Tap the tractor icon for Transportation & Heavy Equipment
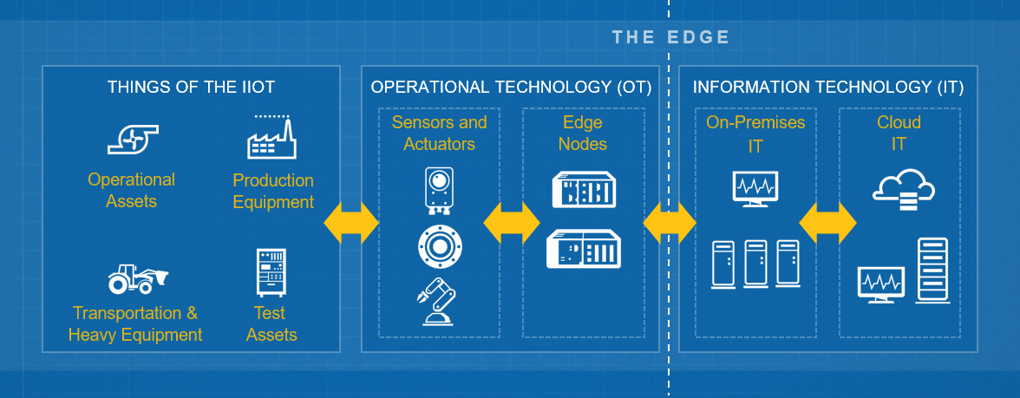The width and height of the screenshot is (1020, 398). (x=137, y=278)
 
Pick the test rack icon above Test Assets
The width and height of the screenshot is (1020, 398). (x=271, y=272)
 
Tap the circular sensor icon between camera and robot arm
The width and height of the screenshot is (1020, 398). (x=439, y=246)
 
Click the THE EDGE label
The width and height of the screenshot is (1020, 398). (x=670, y=37)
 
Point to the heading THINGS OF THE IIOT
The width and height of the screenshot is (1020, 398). (x=191, y=87)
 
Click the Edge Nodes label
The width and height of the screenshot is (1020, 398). (x=583, y=133)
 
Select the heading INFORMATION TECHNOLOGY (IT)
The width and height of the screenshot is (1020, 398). (x=828, y=87)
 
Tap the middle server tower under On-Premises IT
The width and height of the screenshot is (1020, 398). (x=755, y=264)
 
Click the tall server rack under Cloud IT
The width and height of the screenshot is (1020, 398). (x=932, y=268)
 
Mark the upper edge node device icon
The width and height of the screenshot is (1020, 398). (x=583, y=190)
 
